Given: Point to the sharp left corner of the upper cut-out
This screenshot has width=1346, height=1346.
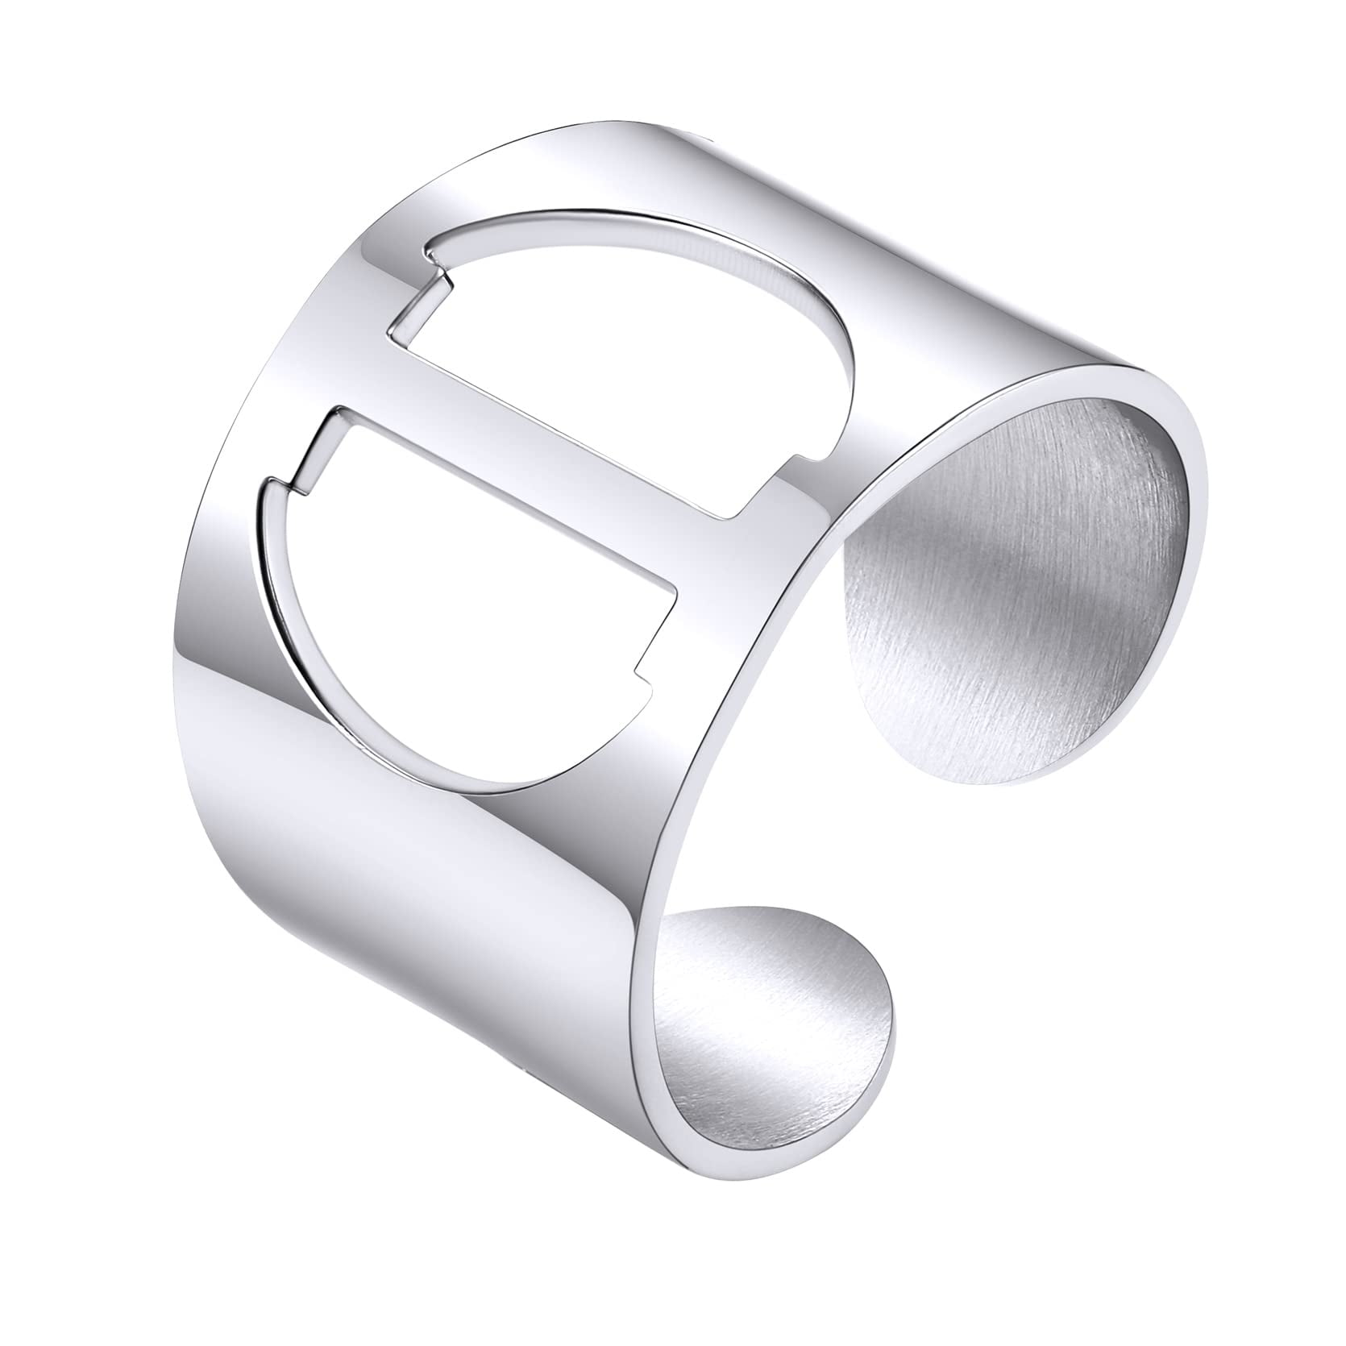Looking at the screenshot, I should (x=390, y=326).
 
